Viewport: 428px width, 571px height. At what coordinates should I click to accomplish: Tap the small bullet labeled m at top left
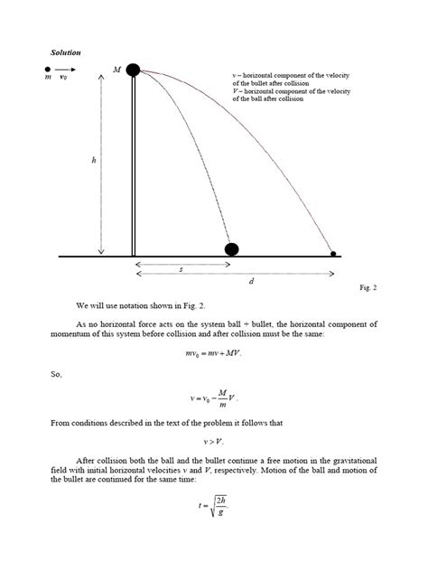[48, 69]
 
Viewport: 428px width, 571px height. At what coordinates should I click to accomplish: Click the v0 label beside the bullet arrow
[64, 79]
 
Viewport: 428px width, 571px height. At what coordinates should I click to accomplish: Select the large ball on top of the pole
[134, 70]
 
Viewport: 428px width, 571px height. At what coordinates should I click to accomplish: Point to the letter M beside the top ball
[116, 70]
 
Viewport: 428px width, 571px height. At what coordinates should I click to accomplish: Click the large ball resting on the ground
[232, 248]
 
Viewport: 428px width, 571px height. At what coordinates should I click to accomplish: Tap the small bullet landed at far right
[334, 255]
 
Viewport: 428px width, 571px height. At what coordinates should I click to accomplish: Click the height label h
[93, 161]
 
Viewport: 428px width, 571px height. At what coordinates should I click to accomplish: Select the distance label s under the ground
[181, 270]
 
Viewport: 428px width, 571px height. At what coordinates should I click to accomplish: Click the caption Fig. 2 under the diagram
[368, 287]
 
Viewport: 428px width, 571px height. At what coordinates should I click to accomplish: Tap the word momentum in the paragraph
[79, 333]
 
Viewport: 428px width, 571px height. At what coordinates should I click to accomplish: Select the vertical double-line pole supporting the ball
[134, 166]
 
